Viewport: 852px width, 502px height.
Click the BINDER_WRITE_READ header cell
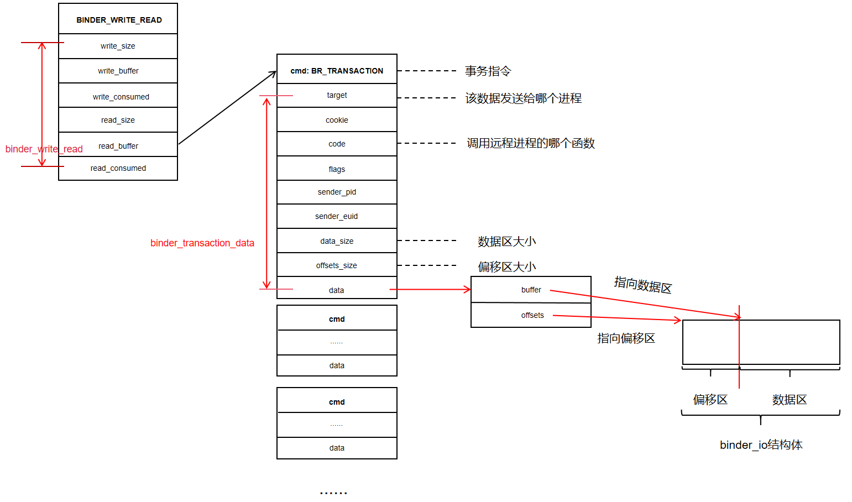pos(118,20)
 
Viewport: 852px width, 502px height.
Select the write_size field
pos(118,46)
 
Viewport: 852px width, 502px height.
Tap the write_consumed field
pos(121,97)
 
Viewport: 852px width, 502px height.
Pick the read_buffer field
pos(118,146)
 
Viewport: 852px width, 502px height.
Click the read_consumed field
pos(118,168)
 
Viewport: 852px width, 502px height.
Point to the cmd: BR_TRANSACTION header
pos(337,71)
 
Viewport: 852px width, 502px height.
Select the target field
pos(337,95)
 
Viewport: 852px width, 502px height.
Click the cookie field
pos(337,120)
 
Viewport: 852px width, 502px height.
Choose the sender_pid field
pos(337,192)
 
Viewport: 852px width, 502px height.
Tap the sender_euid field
pos(337,216)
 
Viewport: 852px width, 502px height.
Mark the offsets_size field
pos(337,265)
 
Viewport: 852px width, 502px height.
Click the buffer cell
pos(531,290)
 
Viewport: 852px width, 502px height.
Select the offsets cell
pos(532,315)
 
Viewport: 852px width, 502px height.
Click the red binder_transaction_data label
pos(202,243)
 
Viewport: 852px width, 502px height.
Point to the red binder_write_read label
pos(44,149)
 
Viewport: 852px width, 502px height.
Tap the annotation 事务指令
pos(488,71)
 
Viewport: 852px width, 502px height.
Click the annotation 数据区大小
pos(506,242)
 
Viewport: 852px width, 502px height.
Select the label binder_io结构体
pos(761,445)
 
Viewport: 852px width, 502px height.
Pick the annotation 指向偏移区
pos(626,338)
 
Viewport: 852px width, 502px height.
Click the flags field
pos(337,169)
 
